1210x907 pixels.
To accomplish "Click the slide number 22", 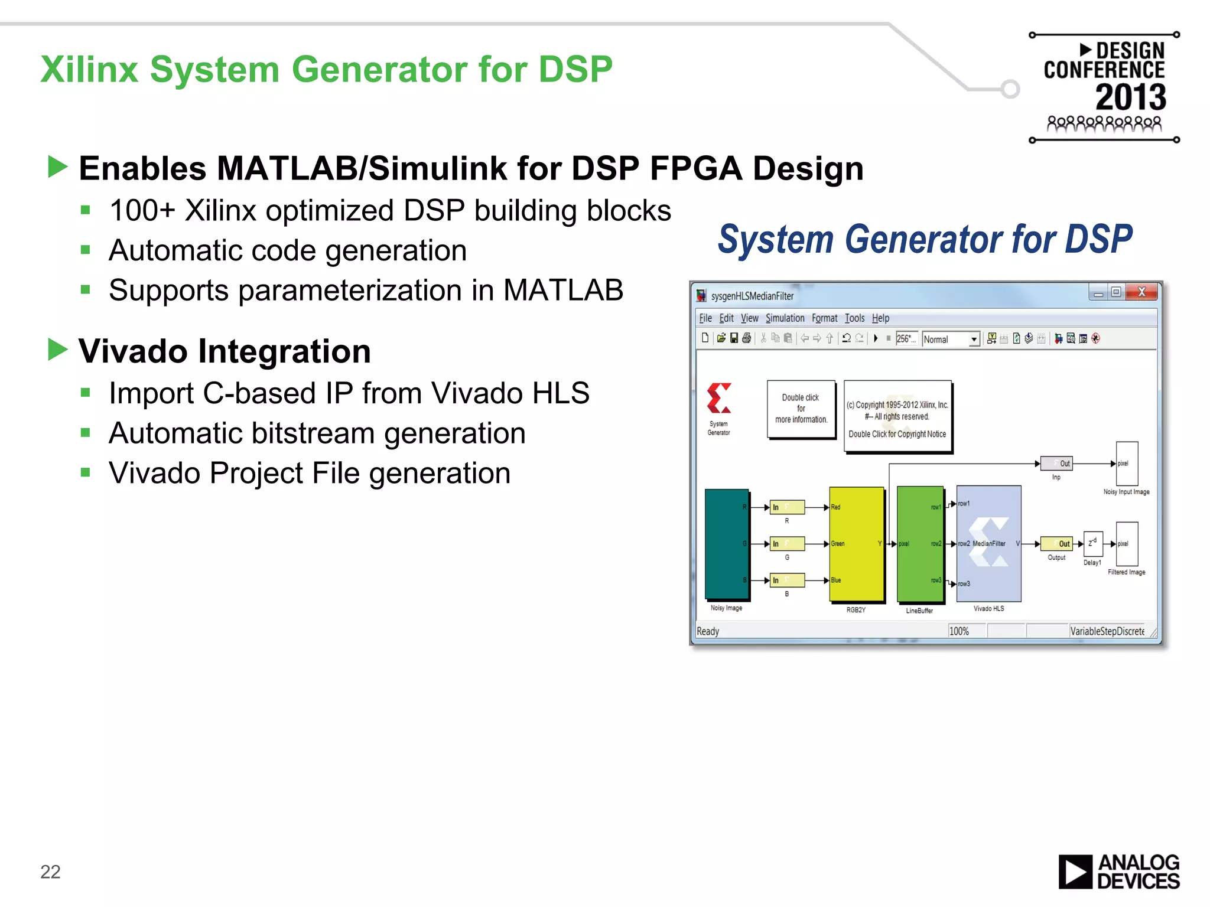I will coord(50,872).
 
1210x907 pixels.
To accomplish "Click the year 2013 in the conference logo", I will coord(1130,97).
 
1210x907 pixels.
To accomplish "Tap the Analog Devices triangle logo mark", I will coord(1075,872).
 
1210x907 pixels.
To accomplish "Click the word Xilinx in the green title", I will coord(89,70).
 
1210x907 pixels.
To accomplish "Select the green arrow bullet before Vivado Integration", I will coord(58,350).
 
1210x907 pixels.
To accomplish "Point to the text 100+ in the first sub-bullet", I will coord(142,211).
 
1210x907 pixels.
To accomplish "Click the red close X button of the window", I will coord(1141,292).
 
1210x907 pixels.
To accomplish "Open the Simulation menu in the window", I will coord(785,318).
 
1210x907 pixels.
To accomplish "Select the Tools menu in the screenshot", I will coord(854,318).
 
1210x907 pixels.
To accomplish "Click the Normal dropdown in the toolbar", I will coord(951,339).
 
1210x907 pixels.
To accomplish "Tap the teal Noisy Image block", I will coord(727,544).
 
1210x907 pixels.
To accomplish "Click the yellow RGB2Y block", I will coord(856,544).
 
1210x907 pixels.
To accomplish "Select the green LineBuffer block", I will coord(919,544).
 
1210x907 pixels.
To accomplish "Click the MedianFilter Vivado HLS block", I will coord(988,544).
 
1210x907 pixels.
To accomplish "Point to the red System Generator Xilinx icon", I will coord(719,399).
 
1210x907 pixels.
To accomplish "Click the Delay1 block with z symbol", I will coord(1092,543).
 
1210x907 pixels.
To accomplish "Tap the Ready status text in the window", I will coord(708,631).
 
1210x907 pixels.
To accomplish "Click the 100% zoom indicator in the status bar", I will coord(959,631).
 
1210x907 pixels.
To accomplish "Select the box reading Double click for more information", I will coord(801,409).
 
